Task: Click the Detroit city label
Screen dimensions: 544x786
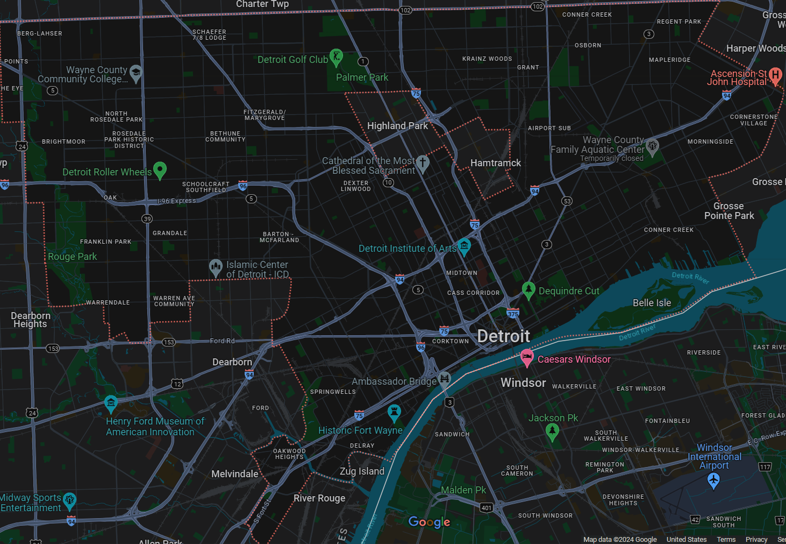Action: coord(503,336)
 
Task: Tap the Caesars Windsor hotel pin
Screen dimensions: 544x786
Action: coord(527,357)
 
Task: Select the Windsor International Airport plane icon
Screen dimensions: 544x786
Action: coord(713,480)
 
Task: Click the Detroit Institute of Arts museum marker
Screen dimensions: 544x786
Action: coord(464,246)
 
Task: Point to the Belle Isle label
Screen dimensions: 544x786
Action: coord(652,303)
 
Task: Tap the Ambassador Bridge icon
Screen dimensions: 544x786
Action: coord(444,379)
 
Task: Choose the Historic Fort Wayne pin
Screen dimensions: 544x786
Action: coord(395,413)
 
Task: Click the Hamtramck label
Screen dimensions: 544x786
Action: coord(495,163)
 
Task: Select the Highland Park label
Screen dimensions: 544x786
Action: coord(397,126)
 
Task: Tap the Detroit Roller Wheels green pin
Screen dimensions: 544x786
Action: coord(160,170)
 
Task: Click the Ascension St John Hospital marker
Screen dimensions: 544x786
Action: coord(775,75)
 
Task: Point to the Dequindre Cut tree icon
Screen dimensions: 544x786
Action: coord(528,289)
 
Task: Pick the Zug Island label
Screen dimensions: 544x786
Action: coord(362,471)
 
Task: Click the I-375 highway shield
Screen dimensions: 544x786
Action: coord(513,314)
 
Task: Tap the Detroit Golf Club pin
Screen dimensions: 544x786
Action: coord(336,56)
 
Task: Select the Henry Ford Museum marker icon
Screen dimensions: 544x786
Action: coord(111,403)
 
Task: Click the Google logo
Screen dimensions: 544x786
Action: coord(429,522)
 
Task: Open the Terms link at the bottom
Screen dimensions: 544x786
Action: coord(726,539)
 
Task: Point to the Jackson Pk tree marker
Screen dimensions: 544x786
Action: coord(552,431)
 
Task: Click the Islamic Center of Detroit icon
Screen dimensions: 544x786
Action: coord(216,267)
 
